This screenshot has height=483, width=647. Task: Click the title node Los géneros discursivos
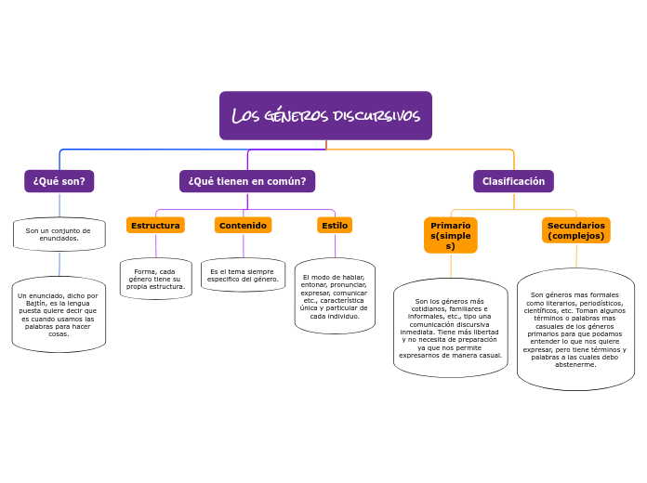(325, 116)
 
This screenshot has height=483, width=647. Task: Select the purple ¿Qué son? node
(59, 181)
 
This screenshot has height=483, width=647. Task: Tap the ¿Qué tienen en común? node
(247, 181)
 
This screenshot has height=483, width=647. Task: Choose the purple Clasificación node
(513, 181)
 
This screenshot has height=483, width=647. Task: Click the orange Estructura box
(155, 225)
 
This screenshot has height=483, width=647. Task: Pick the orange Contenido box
(243, 225)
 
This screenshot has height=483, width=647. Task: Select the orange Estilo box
(335, 225)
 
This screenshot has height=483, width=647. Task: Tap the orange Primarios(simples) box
(451, 235)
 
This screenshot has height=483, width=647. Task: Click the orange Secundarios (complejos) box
(576, 230)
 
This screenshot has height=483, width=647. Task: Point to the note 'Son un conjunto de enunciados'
(59, 234)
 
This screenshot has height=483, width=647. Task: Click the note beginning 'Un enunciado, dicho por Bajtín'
(59, 315)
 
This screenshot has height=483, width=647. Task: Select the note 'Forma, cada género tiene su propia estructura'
(155, 279)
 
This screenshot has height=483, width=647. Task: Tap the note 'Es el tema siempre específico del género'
(243, 275)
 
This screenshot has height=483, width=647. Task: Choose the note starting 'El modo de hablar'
(335, 296)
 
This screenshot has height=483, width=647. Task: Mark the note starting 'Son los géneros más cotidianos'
(451, 328)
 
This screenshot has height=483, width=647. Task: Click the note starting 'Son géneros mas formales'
(575, 330)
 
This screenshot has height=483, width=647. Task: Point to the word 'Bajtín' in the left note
(34, 302)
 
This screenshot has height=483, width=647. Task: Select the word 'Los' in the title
(245, 116)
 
